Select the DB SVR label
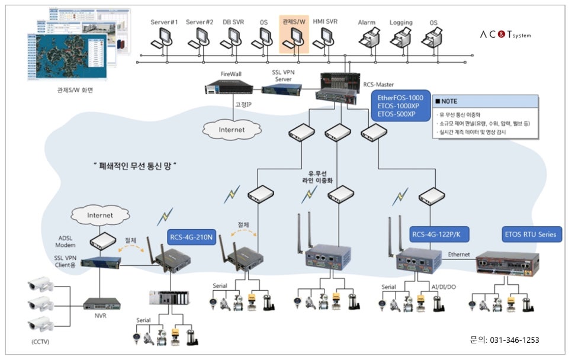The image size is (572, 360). [232, 22]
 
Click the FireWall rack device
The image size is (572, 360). [229, 88]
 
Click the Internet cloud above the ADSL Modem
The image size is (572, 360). [99, 216]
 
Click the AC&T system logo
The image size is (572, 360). [505, 35]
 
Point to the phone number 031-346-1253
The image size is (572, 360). [513, 340]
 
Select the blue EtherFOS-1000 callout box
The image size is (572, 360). [400, 105]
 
